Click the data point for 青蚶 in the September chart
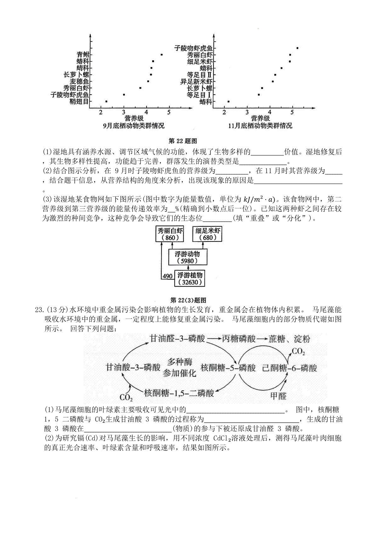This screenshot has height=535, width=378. (x=162, y=55)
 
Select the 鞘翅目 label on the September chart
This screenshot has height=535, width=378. (x=79, y=102)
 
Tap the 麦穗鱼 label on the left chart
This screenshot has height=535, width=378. (x=79, y=81)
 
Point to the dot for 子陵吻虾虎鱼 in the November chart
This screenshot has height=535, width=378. (x=297, y=48)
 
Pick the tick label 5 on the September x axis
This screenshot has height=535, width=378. (x=169, y=112)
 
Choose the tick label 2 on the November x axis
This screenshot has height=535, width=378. (x=224, y=112)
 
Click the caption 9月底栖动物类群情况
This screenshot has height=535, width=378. (x=134, y=125)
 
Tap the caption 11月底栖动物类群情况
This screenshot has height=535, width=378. (x=260, y=125)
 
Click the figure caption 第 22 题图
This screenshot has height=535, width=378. (x=183, y=141)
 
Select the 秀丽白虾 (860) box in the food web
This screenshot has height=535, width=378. (x=170, y=234)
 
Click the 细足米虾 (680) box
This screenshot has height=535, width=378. (x=207, y=234)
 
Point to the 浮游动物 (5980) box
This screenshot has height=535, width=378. (x=188, y=257)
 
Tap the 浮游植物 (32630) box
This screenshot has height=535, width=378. (x=190, y=278)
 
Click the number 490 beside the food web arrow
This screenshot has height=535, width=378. (x=168, y=276)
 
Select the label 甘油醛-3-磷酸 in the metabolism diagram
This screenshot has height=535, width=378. (x=178, y=339)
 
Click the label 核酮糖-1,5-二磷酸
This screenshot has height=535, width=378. (x=179, y=393)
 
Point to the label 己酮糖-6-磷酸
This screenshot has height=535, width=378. (x=289, y=368)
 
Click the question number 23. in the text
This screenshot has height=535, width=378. (x=40, y=310)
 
